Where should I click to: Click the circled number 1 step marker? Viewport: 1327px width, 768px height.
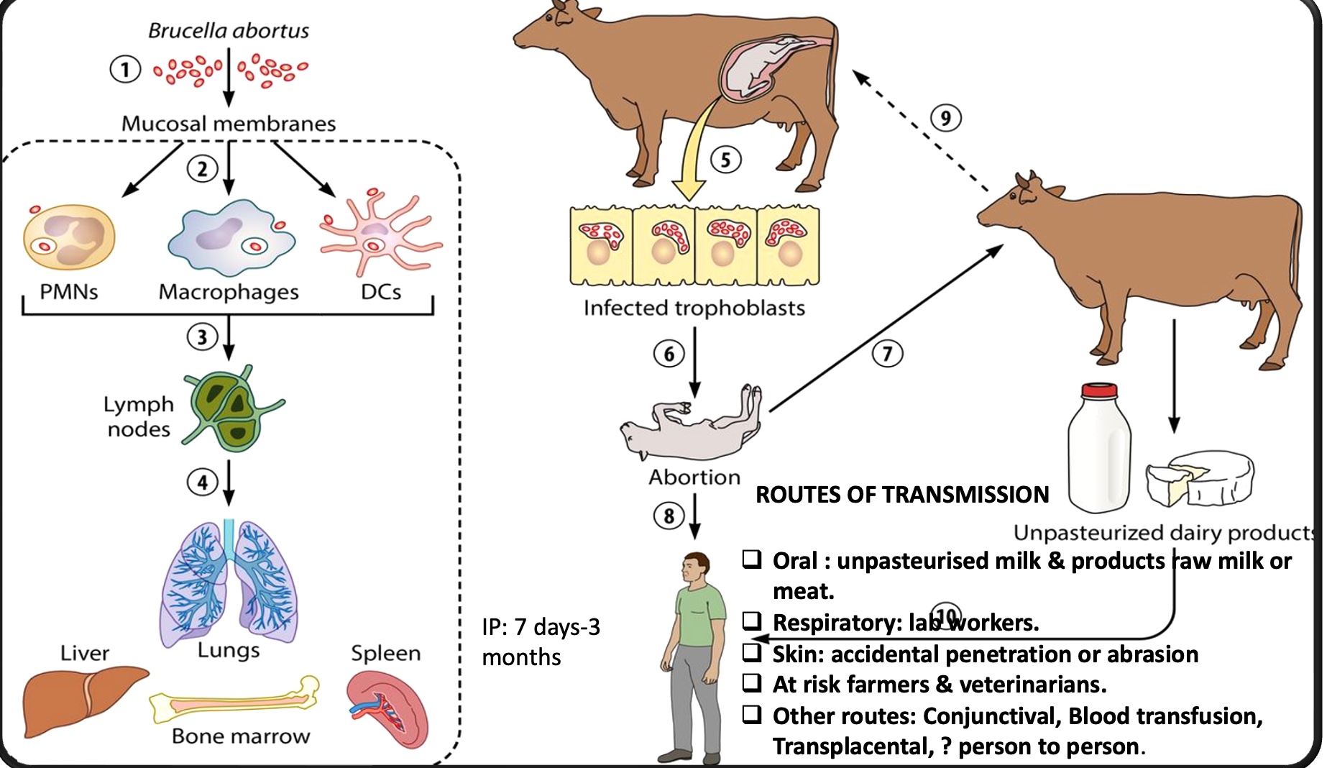(x=125, y=70)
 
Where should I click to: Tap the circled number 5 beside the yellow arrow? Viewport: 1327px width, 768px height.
(x=725, y=159)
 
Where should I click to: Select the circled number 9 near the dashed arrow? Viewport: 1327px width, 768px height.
(x=945, y=118)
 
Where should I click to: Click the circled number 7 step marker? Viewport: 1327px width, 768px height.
(x=887, y=354)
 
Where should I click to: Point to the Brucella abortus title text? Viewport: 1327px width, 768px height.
(x=229, y=30)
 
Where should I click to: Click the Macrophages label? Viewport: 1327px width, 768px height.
(x=229, y=292)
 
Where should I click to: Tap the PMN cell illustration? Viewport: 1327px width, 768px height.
(x=68, y=237)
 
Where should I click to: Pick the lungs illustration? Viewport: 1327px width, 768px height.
(x=229, y=582)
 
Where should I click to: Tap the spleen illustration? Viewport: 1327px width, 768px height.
(x=388, y=708)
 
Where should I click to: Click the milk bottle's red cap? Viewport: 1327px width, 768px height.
(x=1099, y=390)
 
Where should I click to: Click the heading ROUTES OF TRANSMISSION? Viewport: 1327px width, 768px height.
(x=902, y=495)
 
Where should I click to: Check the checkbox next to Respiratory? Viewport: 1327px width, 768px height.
(x=752, y=621)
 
